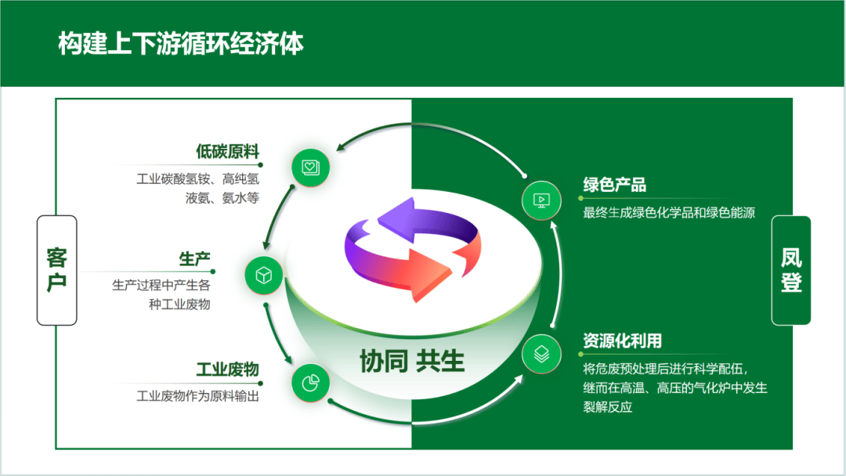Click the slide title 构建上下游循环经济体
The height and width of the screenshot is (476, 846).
181,44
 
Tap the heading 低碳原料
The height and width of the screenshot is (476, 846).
227,151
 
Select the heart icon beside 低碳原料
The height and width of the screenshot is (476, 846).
310,167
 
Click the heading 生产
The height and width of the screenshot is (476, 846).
194,259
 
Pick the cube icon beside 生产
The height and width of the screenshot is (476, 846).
264,275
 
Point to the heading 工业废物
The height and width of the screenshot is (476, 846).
227,370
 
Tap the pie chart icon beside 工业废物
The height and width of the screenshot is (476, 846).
310,383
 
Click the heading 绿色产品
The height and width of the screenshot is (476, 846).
614,185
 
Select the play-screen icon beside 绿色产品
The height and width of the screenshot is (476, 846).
541,200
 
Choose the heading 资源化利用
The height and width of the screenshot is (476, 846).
622,341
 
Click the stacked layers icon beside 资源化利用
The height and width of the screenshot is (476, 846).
541,353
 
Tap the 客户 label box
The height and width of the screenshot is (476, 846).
57,270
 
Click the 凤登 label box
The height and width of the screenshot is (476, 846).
791,270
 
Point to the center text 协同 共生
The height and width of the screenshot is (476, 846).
412,361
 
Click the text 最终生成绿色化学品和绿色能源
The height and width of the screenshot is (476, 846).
669,212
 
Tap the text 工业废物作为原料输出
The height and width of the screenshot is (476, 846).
197,396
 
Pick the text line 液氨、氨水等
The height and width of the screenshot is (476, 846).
222,198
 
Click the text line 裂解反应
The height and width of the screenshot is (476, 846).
607,407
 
